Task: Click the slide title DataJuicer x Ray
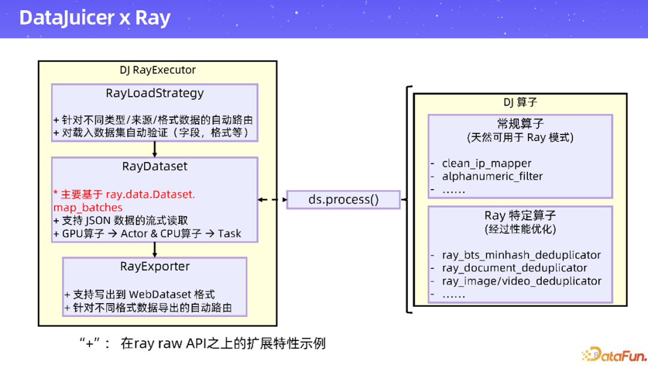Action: click(x=95, y=18)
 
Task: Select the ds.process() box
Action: click(x=343, y=199)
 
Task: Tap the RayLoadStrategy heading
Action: click(x=155, y=93)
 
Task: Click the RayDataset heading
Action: click(x=155, y=166)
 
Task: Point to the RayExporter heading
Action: click(x=155, y=266)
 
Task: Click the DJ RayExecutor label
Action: click(x=158, y=70)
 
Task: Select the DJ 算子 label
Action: click(x=520, y=103)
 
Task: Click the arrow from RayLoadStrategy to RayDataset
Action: click(x=155, y=149)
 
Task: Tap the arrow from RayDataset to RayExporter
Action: click(x=155, y=249)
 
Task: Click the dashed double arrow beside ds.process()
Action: click(x=272, y=199)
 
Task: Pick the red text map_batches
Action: click(x=88, y=207)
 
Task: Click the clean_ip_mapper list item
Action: click(x=487, y=163)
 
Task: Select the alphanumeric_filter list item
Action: click(x=492, y=176)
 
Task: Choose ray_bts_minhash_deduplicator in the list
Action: click(x=521, y=255)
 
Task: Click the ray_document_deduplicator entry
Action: click(x=514, y=268)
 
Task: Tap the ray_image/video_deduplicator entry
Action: click(x=521, y=281)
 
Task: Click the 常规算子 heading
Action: click(x=520, y=124)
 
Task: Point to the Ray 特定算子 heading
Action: click(x=520, y=216)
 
